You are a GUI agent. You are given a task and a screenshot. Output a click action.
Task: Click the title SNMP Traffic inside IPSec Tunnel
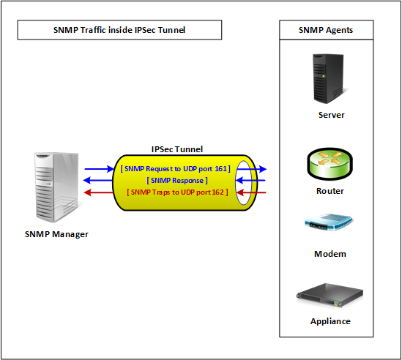(119, 30)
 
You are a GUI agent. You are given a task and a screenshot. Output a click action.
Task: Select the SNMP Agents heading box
(326, 30)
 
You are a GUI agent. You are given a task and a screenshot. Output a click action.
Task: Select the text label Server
(331, 115)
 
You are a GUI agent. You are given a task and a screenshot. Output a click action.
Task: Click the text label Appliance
(330, 321)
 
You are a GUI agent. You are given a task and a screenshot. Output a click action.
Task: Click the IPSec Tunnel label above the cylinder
(177, 149)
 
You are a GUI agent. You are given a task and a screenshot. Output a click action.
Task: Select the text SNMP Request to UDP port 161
(177, 168)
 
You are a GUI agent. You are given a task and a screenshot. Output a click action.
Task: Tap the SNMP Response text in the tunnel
(177, 180)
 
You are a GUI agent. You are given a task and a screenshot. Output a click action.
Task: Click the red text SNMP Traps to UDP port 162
(177, 192)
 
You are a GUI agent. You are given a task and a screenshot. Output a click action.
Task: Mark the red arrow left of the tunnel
(97, 192)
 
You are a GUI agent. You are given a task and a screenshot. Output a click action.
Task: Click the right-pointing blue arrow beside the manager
(97, 168)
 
